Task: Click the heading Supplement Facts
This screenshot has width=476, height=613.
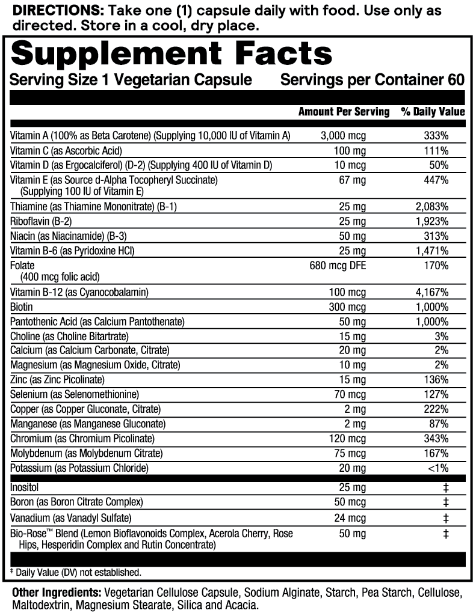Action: click(x=172, y=54)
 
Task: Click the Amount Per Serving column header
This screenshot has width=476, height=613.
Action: click(x=344, y=112)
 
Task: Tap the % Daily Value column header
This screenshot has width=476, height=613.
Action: click(x=433, y=112)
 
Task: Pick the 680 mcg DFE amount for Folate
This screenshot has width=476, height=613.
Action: click(x=336, y=265)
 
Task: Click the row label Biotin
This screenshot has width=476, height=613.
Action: click(x=21, y=307)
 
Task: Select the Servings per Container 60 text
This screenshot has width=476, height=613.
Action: click(x=372, y=80)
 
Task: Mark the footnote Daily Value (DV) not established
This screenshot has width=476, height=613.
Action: click(x=77, y=572)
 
